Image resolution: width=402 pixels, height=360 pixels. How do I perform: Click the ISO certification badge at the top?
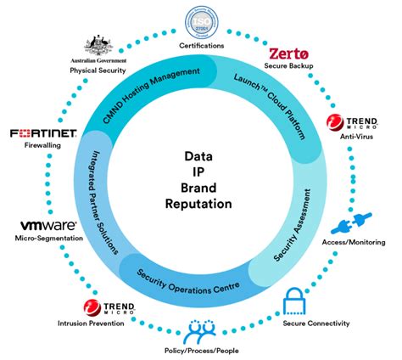[x=202, y=20]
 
